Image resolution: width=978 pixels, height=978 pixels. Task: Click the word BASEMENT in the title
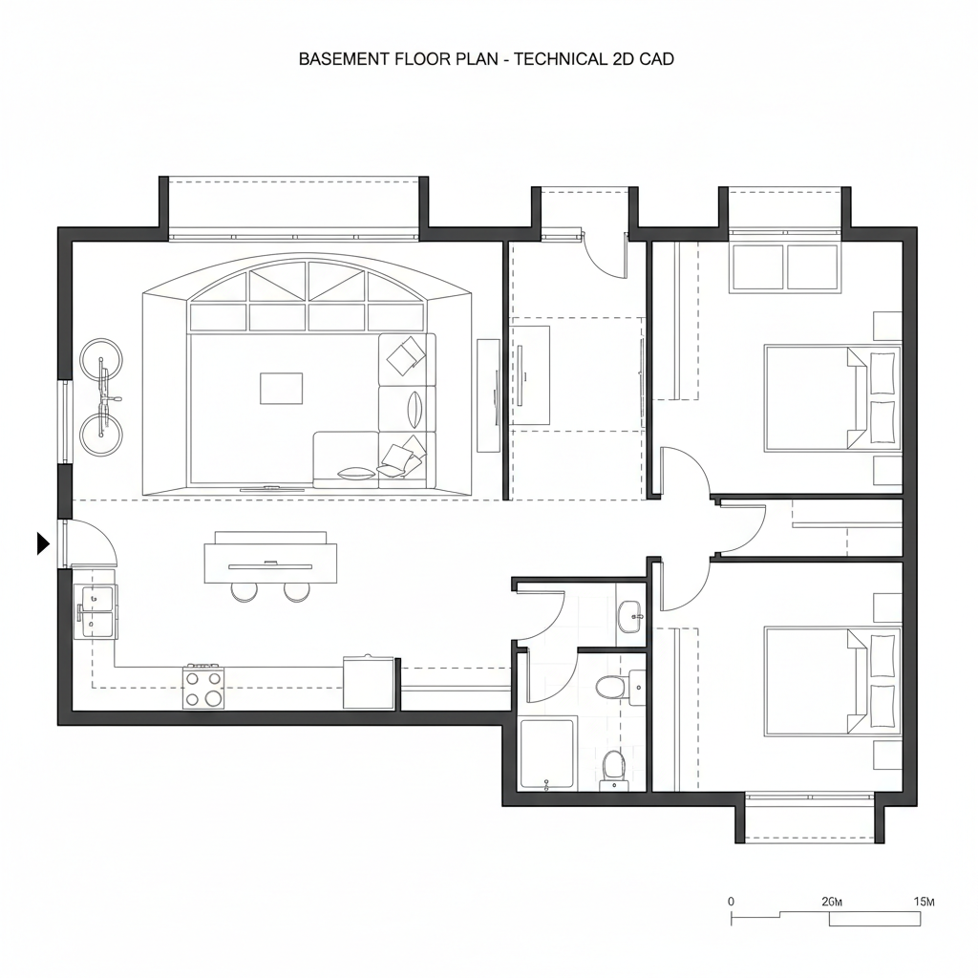pyautogui.click(x=344, y=59)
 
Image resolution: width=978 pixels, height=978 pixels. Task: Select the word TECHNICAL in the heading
pyautogui.click(x=560, y=59)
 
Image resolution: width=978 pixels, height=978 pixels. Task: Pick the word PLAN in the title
pyautogui.click(x=478, y=59)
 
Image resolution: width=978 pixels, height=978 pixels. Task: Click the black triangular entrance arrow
pyautogui.click(x=43, y=543)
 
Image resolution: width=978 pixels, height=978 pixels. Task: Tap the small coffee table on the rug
pyautogui.click(x=282, y=388)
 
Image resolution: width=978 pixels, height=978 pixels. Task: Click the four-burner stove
pyautogui.click(x=203, y=688)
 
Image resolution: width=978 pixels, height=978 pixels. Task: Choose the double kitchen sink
pyautogui.click(x=95, y=612)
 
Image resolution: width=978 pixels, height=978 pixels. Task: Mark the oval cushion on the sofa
pyautogui.click(x=415, y=409)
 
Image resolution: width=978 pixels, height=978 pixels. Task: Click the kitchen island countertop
pyautogui.click(x=270, y=563)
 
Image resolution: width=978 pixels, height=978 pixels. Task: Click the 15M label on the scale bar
pyautogui.click(x=924, y=902)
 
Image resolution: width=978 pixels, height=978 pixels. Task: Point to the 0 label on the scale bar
pyautogui.click(x=731, y=902)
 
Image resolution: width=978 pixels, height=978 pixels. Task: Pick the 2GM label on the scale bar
pyautogui.click(x=832, y=902)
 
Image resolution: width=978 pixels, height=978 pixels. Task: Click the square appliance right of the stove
pyautogui.click(x=369, y=682)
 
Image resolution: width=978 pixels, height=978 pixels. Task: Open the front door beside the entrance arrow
pyautogui.click(x=65, y=543)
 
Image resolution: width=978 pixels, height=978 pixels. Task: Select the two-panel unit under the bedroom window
pyautogui.click(x=785, y=267)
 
